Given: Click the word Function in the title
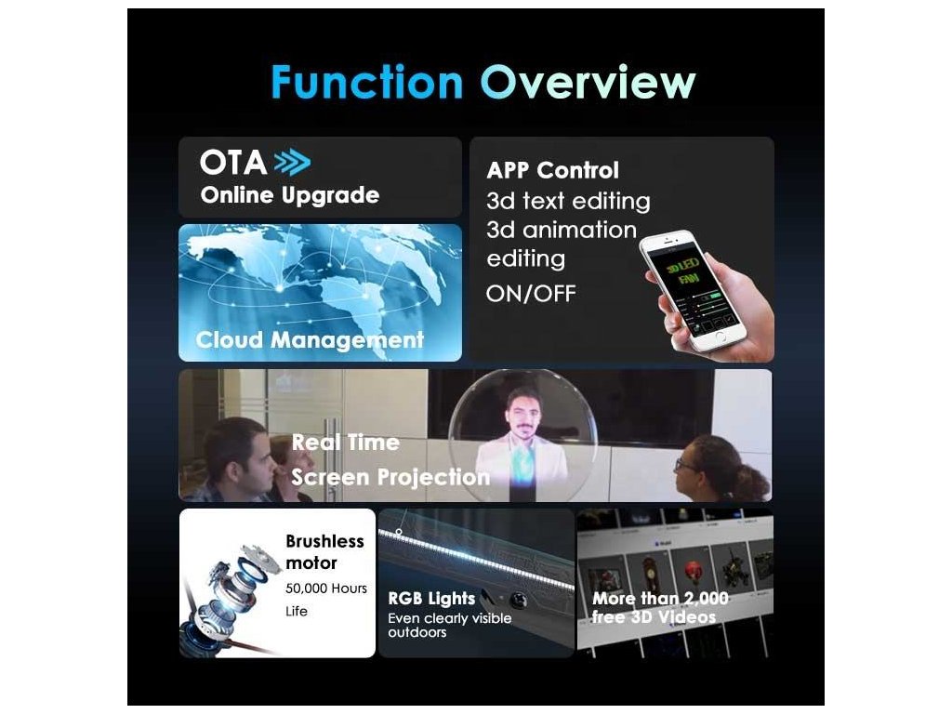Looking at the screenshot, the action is [x=366, y=82].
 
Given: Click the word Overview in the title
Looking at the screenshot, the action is [x=588, y=82].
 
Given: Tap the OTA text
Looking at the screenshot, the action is [x=233, y=162].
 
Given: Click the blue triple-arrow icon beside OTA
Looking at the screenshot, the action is [x=292, y=163].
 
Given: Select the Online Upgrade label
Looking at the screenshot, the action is [x=290, y=195].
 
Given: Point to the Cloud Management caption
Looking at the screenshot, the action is [x=310, y=340].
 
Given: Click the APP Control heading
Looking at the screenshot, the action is [x=552, y=170].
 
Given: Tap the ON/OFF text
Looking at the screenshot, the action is [x=531, y=294].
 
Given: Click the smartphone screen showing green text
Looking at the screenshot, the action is [x=694, y=290].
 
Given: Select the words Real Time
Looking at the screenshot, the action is [x=346, y=442].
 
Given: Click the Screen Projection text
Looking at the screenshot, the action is [x=390, y=477].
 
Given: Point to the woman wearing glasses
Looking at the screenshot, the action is [x=717, y=469].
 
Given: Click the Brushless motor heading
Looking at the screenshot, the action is [x=324, y=552].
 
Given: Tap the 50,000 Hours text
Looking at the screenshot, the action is [x=326, y=588].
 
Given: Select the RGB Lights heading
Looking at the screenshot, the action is [x=431, y=599].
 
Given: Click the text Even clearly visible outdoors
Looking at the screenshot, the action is [x=449, y=626].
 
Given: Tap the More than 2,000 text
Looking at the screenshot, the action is [x=660, y=599].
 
